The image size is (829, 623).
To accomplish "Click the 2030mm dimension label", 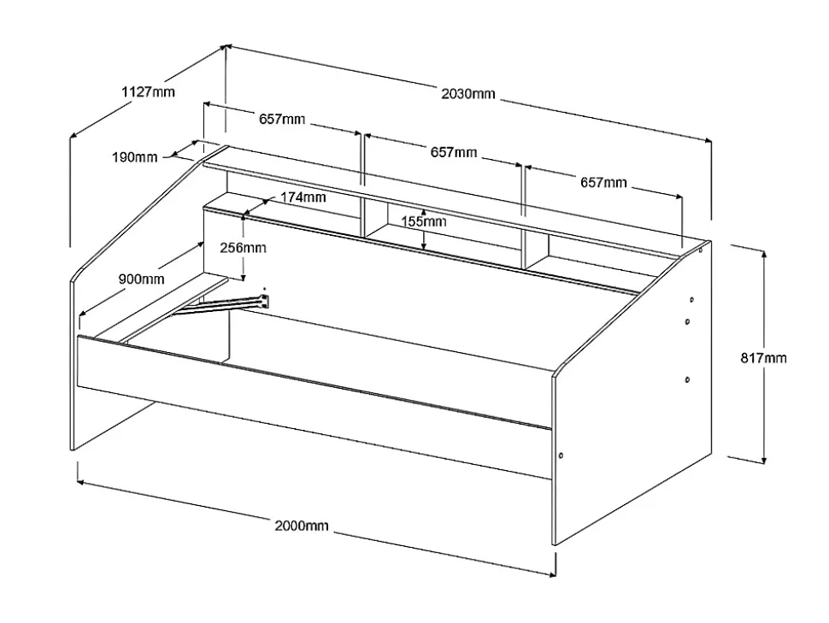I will (468, 94).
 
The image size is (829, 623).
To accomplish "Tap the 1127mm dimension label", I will (148, 91).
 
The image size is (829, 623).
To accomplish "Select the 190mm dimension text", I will (134, 157).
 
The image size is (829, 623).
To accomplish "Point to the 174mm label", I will (303, 197).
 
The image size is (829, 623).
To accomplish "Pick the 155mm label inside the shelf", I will (425, 221).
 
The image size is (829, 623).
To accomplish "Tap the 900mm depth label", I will (143, 279).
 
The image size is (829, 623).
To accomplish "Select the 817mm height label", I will (762, 358).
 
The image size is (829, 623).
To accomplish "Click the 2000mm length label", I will (301, 526).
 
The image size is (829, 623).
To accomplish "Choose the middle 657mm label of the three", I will (454, 152).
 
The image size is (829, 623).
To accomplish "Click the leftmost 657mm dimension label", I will (282, 120).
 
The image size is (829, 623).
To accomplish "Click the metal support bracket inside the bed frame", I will (222, 305).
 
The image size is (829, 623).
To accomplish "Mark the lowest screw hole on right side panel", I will (560, 455).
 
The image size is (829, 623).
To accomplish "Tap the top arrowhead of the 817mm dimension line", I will (763, 254).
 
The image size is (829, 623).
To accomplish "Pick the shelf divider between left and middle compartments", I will (363, 205).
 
